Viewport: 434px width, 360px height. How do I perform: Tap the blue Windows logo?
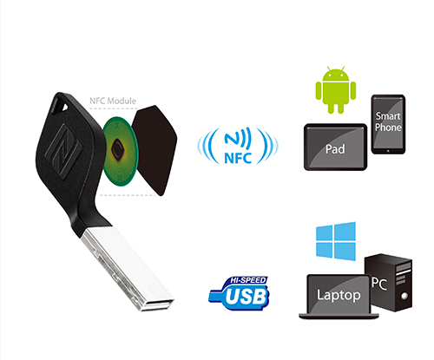click(x=336, y=241)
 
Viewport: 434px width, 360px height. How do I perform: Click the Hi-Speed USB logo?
click(x=239, y=293)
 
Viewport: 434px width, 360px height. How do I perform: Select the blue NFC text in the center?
click(x=238, y=158)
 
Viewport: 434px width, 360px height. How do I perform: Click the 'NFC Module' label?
click(x=113, y=101)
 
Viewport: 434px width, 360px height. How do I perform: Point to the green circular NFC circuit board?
click(x=120, y=151)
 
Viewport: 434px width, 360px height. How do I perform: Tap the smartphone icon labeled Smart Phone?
click(x=388, y=124)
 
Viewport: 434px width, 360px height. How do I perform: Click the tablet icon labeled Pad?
click(x=335, y=147)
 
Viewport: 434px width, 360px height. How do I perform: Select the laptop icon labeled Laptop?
click(x=339, y=297)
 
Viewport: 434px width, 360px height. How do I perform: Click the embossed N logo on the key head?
click(x=62, y=151)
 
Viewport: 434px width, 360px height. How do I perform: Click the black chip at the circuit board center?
click(x=118, y=149)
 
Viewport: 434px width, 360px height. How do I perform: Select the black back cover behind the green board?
click(x=155, y=150)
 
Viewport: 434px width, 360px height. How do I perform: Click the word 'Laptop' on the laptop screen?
click(x=339, y=295)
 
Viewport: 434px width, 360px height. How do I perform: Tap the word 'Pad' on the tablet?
click(x=335, y=149)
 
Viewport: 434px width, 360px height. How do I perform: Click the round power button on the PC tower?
click(x=404, y=296)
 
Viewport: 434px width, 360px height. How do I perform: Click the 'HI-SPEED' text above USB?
click(x=248, y=280)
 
